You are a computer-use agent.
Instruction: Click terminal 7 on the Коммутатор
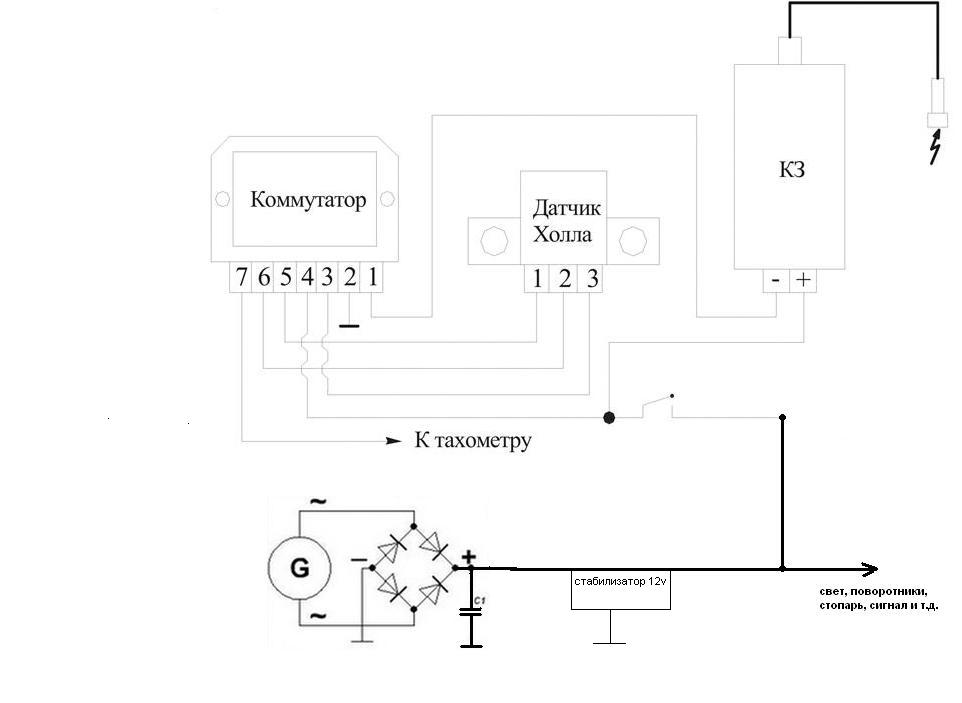pyautogui.click(x=240, y=278)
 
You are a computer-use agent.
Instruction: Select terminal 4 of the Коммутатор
pyautogui.click(x=306, y=278)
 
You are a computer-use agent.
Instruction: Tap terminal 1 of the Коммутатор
pyautogui.click(x=372, y=278)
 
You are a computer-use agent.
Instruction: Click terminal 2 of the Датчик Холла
pyautogui.click(x=564, y=279)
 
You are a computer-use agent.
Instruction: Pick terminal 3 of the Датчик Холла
pyautogui.click(x=591, y=279)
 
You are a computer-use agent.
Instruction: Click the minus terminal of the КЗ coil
pyautogui.click(x=776, y=280)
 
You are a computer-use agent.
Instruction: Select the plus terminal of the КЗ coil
pyautogui.click(x=803, y=280)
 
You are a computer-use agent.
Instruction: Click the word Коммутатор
pyautogui.click(x=308, y=200)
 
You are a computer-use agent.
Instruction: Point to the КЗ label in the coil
pyautogui.click(x=791, y=169)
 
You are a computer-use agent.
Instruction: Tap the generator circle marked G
pyautogui.click(x=299, y=568)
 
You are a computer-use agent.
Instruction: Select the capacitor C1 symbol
pyautogui.click(x=471, y=612)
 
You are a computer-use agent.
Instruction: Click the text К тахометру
pyautogui.click(x=473, y=440)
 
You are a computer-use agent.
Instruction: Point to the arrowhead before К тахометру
pyautogui.click(x=393, y=440)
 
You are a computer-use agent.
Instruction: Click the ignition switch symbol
pyautogui.click(x=658, y=405)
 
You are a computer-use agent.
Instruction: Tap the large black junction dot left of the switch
pyautogui.click(x=609, y=418)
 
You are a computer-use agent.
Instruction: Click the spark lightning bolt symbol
pyautogui.click(x=935, y=146)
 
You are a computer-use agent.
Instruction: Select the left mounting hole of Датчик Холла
pyautogui.click(x=494, y=241)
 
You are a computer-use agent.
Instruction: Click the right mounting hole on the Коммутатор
pyautogui.click(x=387, y=199)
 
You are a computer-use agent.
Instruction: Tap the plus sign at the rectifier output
pyautogui.click(x=469, y=557)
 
